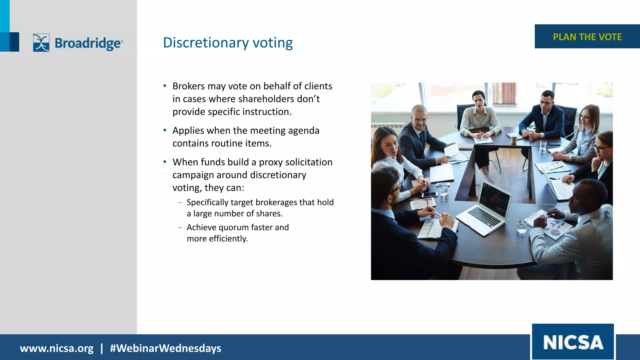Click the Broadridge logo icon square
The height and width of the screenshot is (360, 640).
41,42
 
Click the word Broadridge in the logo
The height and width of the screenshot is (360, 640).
88,43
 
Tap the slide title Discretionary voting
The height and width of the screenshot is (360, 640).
228,42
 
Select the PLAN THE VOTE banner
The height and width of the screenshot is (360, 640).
587,37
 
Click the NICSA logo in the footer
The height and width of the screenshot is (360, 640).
573,342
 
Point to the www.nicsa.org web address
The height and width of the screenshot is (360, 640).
57,348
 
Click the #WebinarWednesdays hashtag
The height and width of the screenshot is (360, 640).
165,348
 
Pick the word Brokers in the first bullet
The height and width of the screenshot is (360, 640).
188,86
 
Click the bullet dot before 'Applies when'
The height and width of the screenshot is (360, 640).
165,130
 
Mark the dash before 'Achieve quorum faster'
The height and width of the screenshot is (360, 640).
180,227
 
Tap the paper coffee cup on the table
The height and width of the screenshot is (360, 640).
514,139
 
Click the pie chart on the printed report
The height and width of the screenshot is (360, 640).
554,232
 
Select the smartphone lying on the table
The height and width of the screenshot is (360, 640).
429,195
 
